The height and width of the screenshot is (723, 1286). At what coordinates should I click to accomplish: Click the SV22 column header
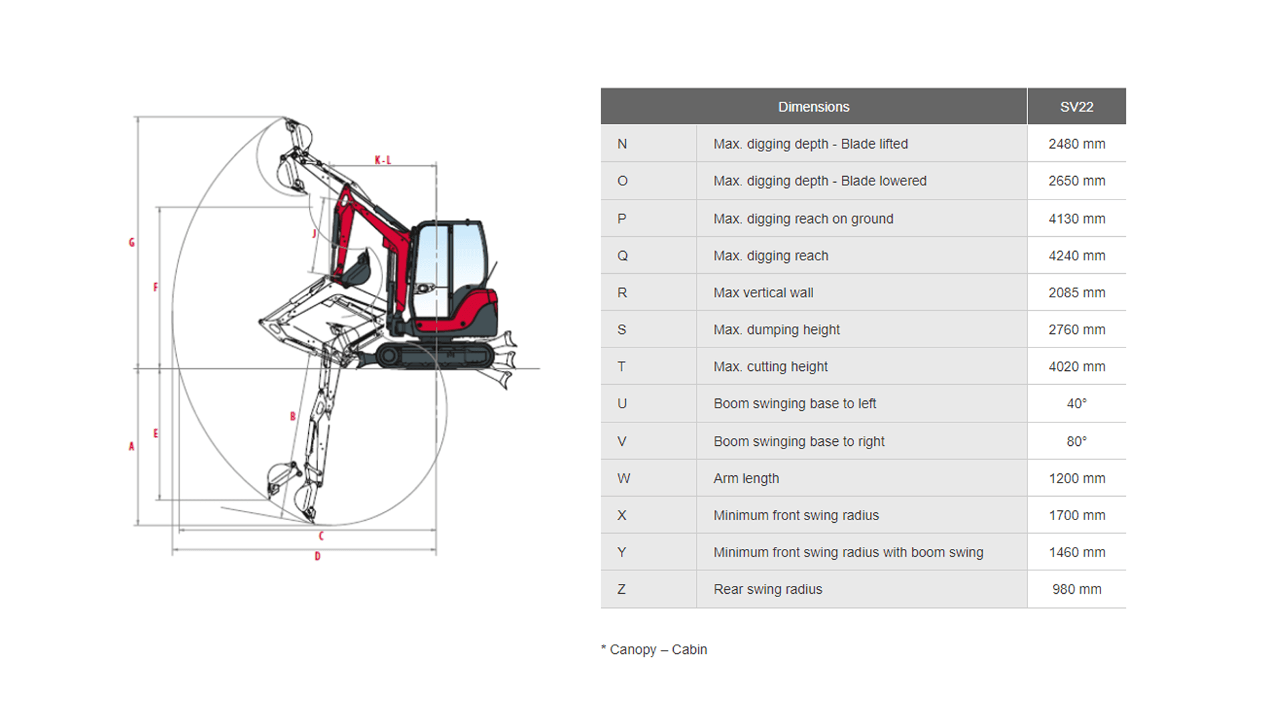(1076, 107)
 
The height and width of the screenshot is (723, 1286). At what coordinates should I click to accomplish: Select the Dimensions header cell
(813, 107)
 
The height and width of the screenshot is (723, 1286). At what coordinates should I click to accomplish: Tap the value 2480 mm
(1076, 144)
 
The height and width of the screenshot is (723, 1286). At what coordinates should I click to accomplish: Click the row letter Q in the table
(622, 256)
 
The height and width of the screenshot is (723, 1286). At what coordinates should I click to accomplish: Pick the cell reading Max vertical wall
(763, 293)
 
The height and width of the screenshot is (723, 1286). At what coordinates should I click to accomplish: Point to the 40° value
(1076, 404)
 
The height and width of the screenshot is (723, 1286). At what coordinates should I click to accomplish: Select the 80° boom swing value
(1076, 441)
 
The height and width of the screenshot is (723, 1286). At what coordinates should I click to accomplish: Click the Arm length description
(746, 479)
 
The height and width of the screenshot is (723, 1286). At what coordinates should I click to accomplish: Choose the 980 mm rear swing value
(1076, 589)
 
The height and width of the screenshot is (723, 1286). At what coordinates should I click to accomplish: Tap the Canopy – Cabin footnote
(654, 649)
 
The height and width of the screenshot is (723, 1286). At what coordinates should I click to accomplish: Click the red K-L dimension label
(382, 160)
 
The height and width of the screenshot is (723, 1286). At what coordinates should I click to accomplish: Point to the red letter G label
(132, 242)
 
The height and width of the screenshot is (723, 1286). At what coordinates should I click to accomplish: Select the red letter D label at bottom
(317, 556)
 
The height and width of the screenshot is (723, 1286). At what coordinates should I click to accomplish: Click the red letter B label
(293, 416)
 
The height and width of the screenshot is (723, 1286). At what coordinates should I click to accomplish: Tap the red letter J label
(314, 234)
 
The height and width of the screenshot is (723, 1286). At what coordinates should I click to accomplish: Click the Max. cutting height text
(770, 367)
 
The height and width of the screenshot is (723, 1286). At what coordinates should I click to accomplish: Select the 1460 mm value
(1076, 552)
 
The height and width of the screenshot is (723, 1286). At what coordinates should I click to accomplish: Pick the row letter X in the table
(622, 515)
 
